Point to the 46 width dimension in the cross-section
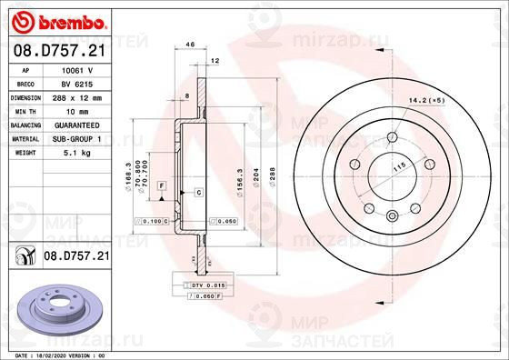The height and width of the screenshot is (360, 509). point(191,44)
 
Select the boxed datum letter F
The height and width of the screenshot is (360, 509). point(161,185)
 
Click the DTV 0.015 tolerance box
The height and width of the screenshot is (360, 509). point(195,286)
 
